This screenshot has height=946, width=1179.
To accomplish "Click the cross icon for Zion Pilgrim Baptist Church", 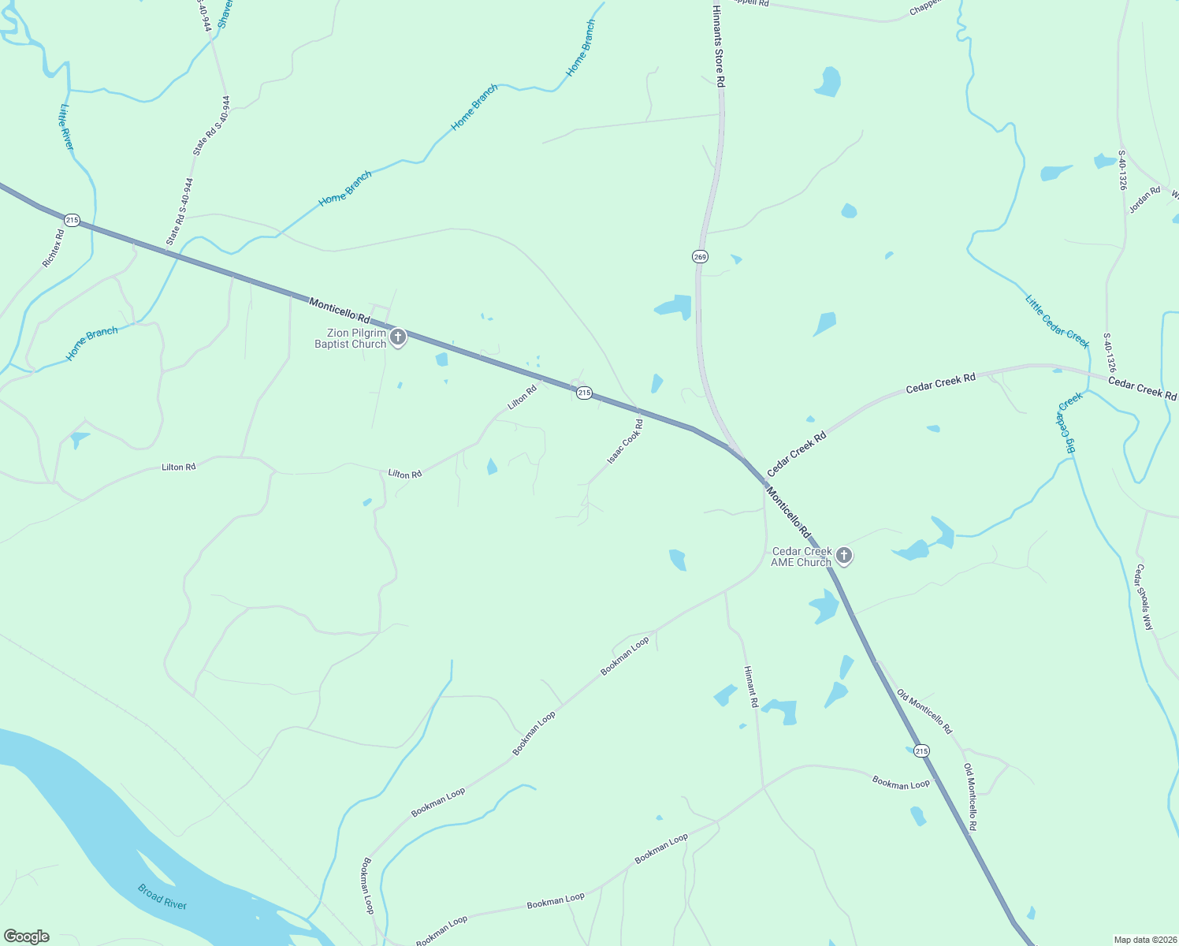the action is coord(398,338).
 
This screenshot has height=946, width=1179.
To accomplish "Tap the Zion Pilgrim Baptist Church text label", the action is coord(351,339).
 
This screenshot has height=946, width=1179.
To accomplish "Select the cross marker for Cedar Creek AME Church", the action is coord(844,556).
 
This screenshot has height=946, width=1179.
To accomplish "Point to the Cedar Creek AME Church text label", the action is coord(801,557).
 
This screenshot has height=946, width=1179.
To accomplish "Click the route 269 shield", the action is coord(701,256).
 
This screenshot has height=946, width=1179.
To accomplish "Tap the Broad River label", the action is coord(162,896).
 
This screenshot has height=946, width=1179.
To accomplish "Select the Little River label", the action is coord(66,127).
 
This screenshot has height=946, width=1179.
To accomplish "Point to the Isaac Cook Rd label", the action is coord(625,441).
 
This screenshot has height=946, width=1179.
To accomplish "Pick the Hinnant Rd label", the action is coord(751,686).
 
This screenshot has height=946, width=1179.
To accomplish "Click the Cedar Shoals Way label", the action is coord(1144,597).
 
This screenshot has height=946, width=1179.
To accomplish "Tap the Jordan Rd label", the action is coord(1145,199).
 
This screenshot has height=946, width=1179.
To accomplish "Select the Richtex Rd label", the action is coord(53,248).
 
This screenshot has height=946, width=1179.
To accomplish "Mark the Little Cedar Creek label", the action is coord(1057,321).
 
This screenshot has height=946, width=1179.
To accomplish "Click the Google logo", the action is coord(26,937).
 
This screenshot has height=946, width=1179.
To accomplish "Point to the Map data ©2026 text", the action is coord(1144,940).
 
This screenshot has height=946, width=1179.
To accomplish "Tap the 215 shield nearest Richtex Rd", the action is coord(73,220).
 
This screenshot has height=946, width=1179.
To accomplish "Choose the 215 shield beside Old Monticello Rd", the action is coord(921,750).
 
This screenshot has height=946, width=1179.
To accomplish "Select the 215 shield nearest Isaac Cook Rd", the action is coord(583,393).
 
